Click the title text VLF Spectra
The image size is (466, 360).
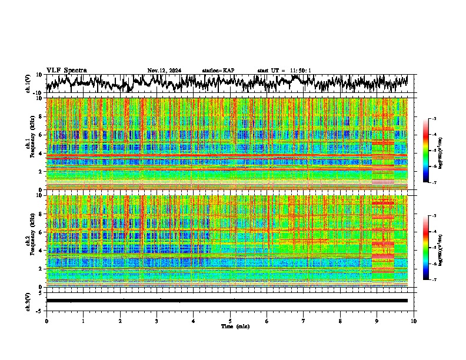coord(66,71)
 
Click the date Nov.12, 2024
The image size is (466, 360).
coord(164,71)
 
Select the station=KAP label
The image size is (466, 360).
coord(218,71)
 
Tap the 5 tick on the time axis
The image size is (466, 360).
coord(230,321)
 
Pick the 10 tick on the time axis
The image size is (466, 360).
coord(414,321)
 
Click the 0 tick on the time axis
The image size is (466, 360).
coord(46,321)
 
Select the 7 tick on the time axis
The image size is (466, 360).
coord(304,321)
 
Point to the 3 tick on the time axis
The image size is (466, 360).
coord(157,321)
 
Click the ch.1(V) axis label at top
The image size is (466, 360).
coord(29,84)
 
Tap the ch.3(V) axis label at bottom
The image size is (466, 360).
coord(29,301)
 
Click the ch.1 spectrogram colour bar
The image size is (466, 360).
coord(427,151)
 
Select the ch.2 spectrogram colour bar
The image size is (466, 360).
coord(427,248)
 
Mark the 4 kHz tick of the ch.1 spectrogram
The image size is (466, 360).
coord(42,154)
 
